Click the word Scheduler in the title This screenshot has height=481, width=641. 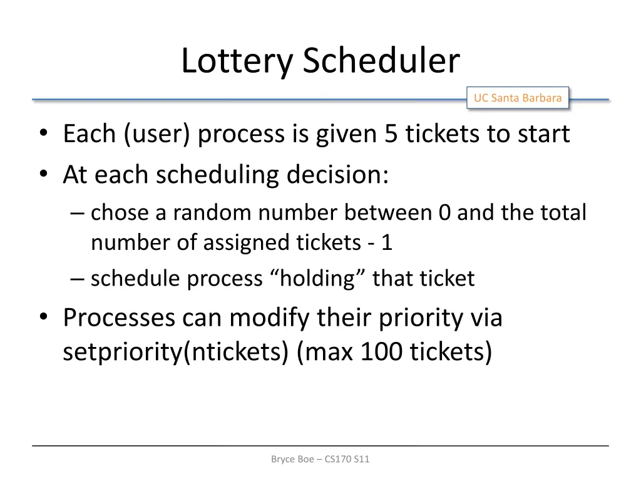pos(381,61)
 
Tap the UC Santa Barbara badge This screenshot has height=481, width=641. pos(518,98)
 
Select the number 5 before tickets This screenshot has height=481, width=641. pos(391,134)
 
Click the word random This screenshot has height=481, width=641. pos(213,213)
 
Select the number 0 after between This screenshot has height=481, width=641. pos(444,213)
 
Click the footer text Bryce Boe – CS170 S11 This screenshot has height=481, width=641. pos(320,459)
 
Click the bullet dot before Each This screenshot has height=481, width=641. pos(43,134)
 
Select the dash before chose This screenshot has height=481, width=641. pos(78,213)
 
